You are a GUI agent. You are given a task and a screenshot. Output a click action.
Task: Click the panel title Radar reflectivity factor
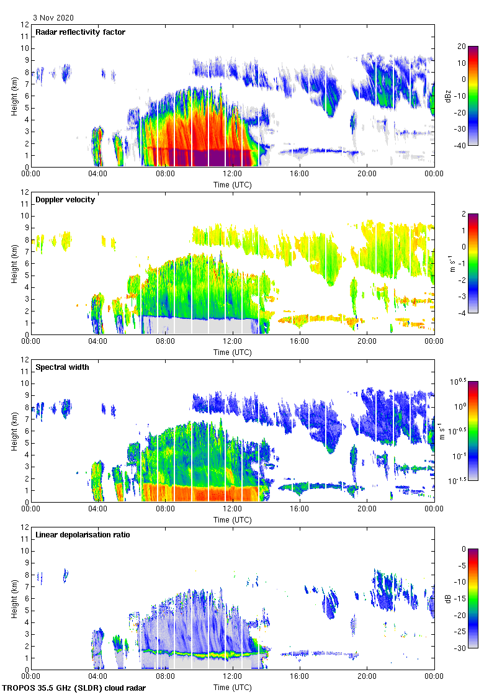point(80,32)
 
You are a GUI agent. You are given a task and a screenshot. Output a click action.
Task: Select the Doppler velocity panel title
point(65,200)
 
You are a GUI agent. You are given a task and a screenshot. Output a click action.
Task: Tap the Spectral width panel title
point(63,367)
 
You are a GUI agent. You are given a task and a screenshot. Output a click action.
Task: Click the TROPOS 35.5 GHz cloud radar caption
point(74,688)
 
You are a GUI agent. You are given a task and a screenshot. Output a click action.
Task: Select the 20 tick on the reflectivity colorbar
point(462,47)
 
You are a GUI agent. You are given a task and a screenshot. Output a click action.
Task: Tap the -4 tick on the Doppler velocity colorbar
point(462,313)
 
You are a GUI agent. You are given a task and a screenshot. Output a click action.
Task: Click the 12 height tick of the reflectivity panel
point(25,25)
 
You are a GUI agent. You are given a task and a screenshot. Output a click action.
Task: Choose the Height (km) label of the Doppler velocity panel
point(14,263)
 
